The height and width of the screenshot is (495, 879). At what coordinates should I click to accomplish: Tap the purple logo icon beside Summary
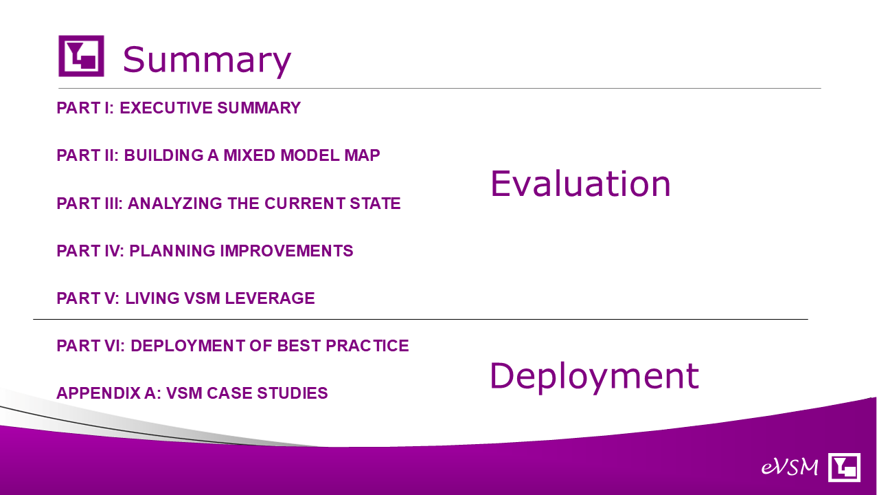81,56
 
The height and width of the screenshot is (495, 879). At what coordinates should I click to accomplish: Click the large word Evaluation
580,184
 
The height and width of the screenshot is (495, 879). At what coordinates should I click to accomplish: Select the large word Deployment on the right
594,377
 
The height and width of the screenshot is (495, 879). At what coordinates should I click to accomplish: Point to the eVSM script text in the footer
790,467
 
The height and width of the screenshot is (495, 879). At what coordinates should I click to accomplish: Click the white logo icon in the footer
844,467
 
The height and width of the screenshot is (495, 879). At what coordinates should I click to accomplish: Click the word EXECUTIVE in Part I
166,108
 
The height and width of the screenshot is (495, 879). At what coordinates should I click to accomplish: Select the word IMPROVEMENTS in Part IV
286,251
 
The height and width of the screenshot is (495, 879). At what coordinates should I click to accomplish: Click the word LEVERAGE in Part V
270,298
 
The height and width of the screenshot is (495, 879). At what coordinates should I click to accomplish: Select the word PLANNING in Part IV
172,251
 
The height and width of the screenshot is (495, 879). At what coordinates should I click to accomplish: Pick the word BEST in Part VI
299,346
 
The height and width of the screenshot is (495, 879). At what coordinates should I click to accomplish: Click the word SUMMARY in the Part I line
259,108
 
